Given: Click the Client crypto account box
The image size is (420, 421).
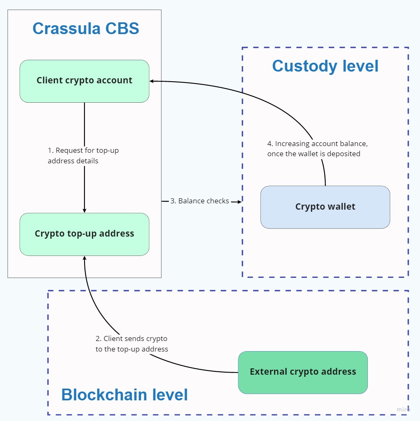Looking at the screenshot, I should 85,81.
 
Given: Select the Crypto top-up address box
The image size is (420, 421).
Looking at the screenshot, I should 85,234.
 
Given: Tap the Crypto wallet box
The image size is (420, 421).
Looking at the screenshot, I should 325,207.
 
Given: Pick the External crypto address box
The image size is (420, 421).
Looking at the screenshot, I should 303,372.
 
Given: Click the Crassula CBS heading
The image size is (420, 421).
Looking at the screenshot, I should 86,29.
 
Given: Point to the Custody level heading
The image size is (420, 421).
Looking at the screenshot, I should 325,67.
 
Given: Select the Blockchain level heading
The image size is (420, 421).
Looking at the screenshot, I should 124,395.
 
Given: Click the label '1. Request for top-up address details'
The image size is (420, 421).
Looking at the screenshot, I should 83,155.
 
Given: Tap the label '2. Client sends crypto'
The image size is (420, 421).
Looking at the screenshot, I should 131,338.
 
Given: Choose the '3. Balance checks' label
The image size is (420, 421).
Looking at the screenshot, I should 200,201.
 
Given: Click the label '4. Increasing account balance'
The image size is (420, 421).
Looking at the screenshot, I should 317,144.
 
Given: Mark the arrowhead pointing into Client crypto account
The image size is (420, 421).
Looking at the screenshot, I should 152,81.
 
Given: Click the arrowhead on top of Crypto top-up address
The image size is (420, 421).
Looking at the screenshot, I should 85,210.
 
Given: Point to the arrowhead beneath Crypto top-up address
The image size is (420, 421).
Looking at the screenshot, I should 85,258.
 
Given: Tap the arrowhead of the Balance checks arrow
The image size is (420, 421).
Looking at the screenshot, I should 240,202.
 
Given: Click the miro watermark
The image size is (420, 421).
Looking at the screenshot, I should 403,409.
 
